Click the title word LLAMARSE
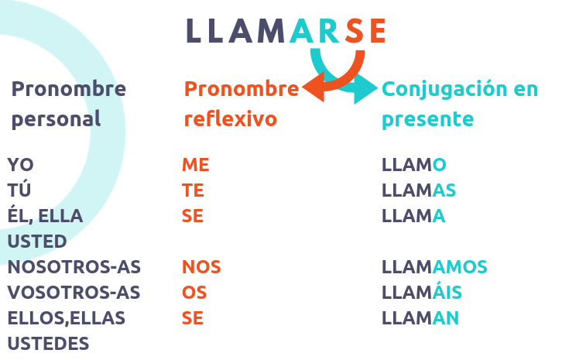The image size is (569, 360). [x=286, y=30]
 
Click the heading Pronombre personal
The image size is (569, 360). [x=68, y=104]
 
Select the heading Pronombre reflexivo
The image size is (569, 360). [x=241, y=104]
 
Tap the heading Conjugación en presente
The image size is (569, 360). [x=460, y=104]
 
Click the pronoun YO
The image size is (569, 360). [x=21, y=165]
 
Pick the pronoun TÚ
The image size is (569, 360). [x=20, y=190]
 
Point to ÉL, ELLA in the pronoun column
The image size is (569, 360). [x=45, y=216]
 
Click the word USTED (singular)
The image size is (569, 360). [x=37, y=241]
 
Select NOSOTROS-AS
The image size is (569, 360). [x=74, y=267]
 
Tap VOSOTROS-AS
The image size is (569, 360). [x=74, y=293]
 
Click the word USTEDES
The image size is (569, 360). [x=48, y=343]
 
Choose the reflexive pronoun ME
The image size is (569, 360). [x=196, y=165]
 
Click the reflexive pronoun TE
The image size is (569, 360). [x=193, y=190]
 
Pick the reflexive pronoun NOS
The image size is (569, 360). [x=201, y=267]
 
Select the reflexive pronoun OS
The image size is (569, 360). [x=194, y=293]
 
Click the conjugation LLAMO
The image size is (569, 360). [x=414, y=165]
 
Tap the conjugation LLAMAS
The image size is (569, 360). [x=419, y=190]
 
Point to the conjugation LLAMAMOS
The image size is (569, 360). [x=434, y=267]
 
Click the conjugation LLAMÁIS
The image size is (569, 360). [x=423, y=292]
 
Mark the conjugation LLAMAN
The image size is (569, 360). [x=420, y=318]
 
